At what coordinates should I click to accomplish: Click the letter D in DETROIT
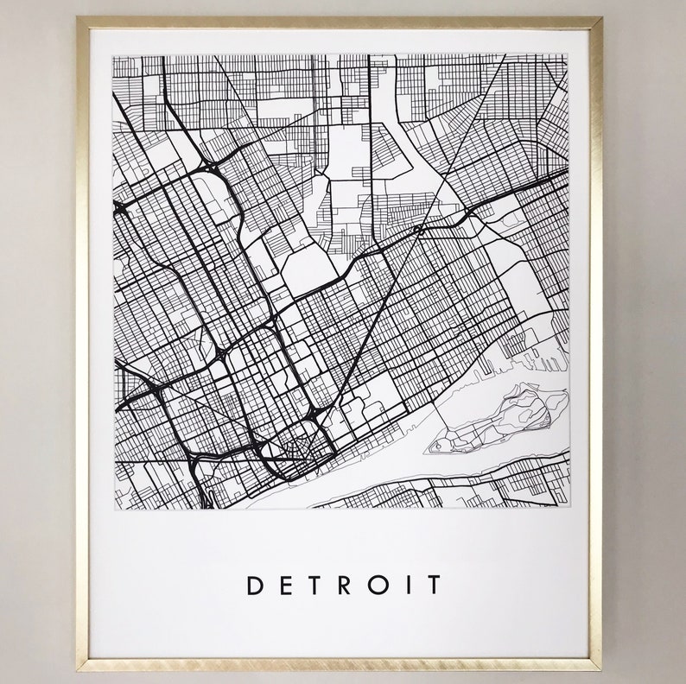(x=255, y=585)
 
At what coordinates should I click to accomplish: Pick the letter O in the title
(x=376, y=585)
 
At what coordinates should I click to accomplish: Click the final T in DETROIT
(x=430, y=585)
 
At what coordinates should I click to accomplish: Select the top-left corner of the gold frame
(x=79, y=19)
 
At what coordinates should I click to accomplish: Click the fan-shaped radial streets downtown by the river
(x=302, y=447)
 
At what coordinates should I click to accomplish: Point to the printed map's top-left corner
(x=114, y=55)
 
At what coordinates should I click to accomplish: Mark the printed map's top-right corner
(x=568, y=55)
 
